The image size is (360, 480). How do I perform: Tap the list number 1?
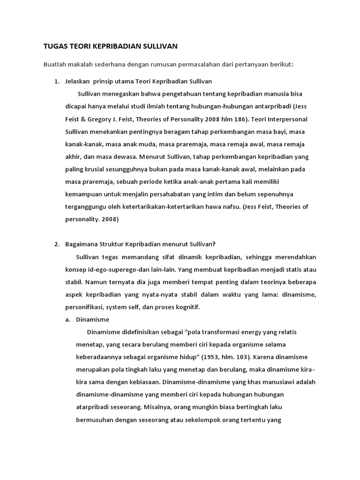[56, 82]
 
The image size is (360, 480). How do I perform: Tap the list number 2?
[56, 243]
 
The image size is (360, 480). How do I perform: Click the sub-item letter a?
[67, 319]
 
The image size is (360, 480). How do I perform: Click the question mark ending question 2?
[214, 243]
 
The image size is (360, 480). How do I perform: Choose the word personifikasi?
[83, 307]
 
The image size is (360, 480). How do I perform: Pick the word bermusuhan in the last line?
[97, 420]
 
